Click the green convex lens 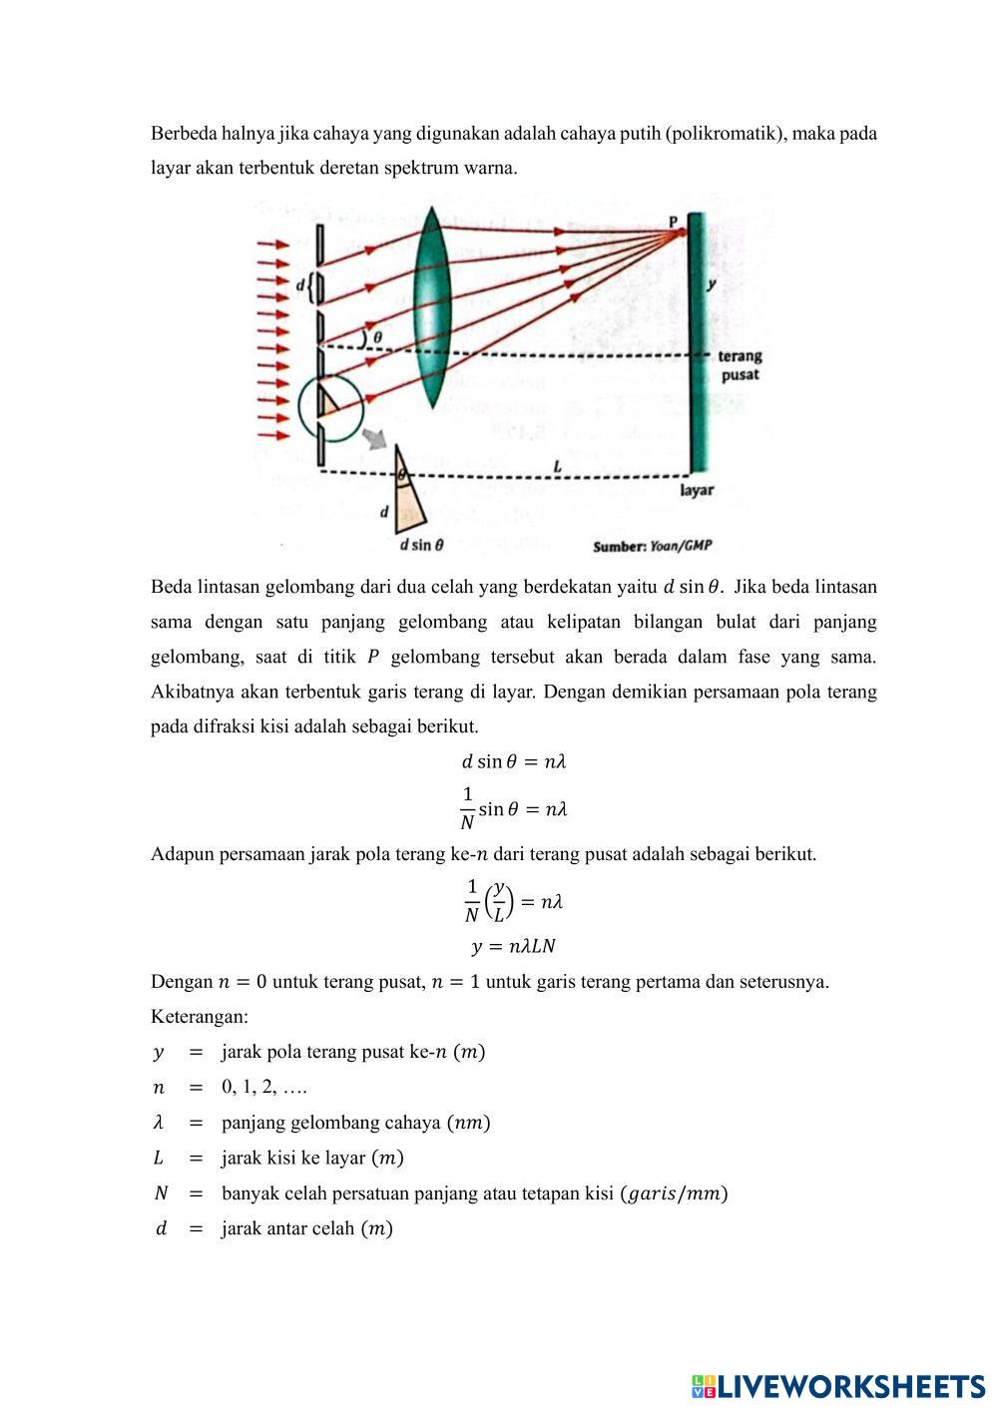[x=432, y=307]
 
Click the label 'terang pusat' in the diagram [x=740, y=365]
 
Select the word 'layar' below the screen [x=697, y=491]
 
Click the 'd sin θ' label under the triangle [x=421, y=546]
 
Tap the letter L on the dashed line [x=557, y=466]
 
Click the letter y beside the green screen [x=711, y=284]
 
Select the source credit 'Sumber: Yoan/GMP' [x=653, y=546]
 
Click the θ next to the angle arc [x=377, y=338]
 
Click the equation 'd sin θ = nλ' [x=514, y=761]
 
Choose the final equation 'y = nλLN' [x=513, y=946]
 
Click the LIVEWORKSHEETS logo [x=838, y=1386]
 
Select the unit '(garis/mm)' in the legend [x=674, y=1193]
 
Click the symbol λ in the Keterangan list [x=158, y=1123]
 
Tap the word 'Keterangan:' [x=200, y=1017]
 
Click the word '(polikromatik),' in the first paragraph [x=725, y=133]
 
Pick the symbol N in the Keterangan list [x=160, y=1193]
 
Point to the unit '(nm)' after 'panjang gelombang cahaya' [x=468, y=1123]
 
